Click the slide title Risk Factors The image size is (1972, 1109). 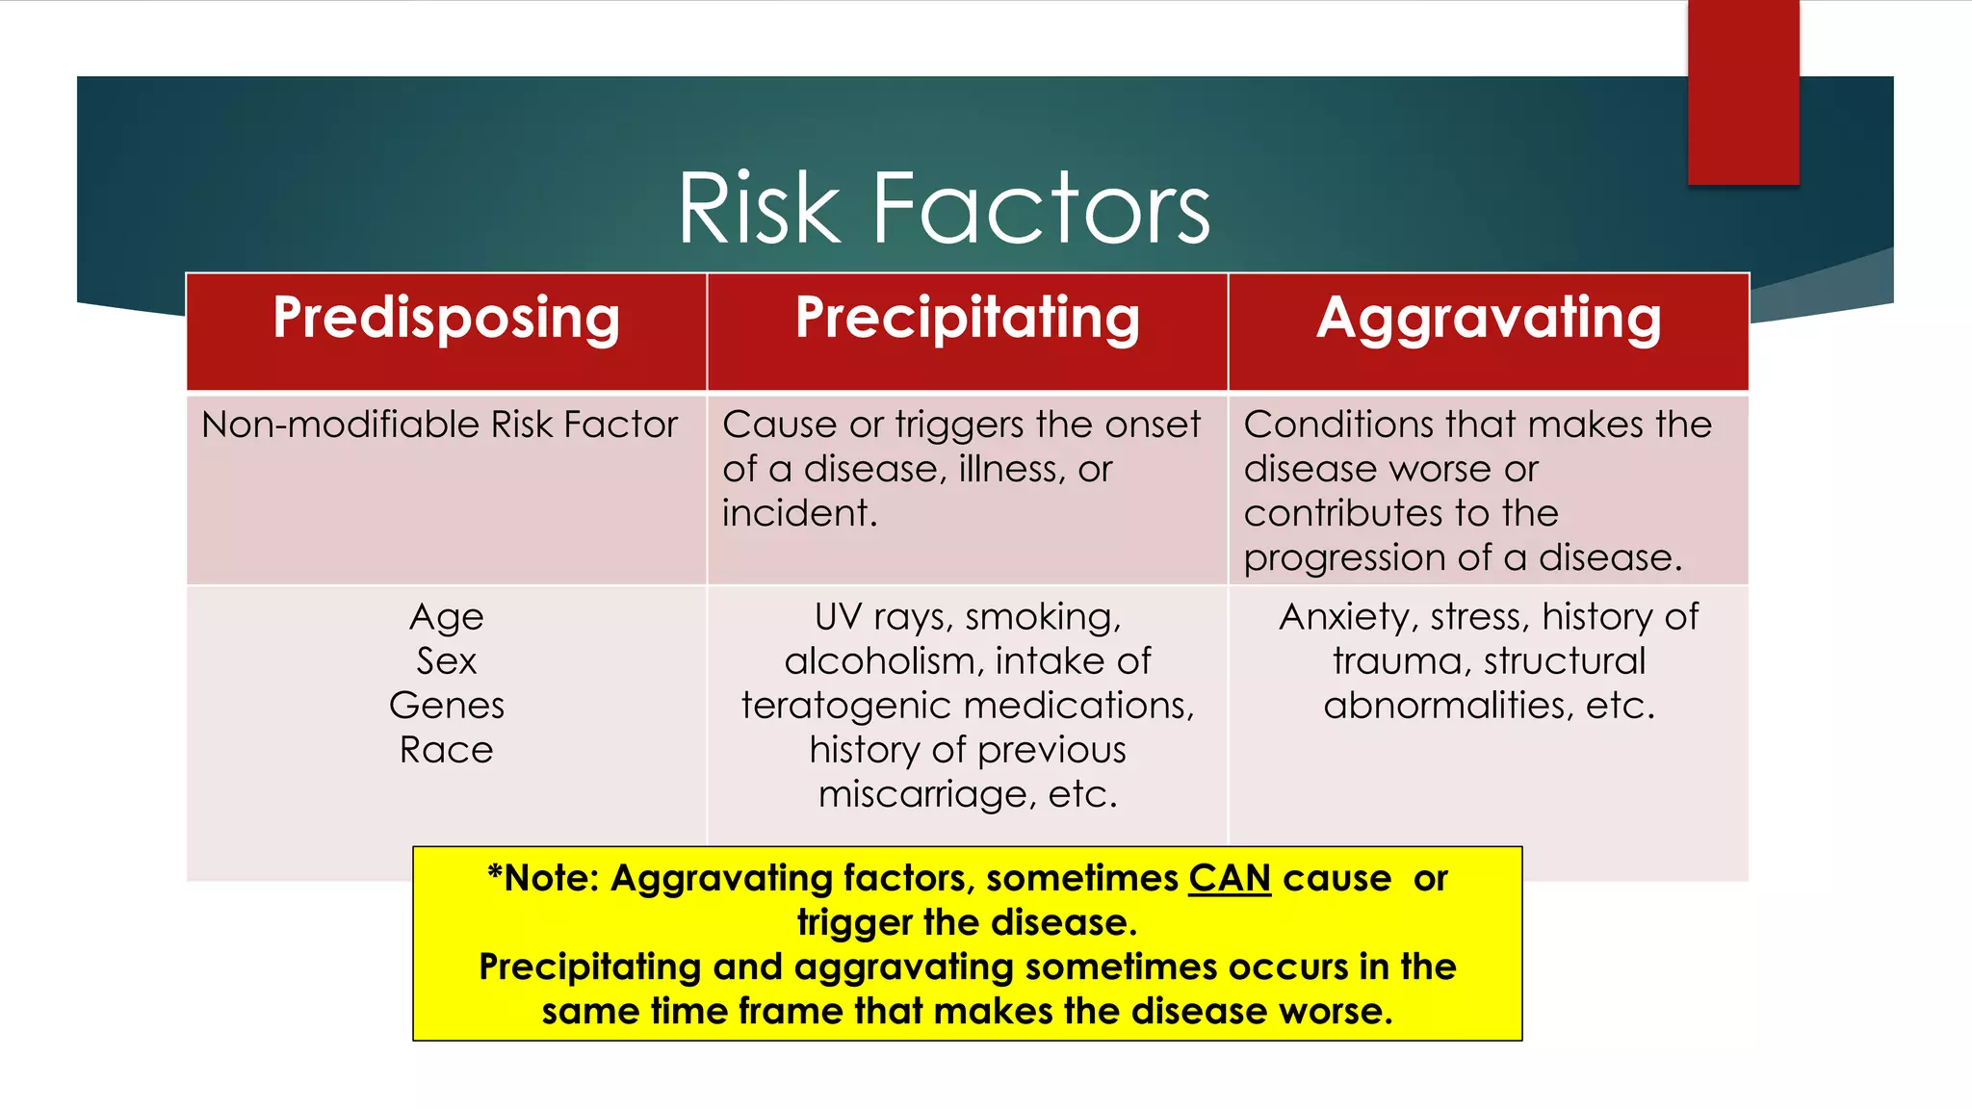944,207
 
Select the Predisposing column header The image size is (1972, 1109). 446,319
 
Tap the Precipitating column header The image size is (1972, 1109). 967,319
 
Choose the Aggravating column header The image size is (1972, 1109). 1489,319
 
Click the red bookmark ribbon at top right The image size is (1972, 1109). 1743,91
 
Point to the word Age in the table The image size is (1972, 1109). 446,617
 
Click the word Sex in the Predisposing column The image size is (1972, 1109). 446,661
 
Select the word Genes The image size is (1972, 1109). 446,706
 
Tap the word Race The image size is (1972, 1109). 446,750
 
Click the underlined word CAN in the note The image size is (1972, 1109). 1229,878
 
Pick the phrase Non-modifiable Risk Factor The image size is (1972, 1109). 439,425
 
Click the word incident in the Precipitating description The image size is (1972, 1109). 799,513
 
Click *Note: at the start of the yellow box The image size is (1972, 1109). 543,878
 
